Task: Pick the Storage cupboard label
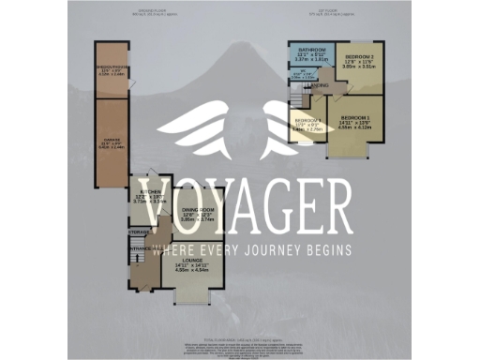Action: coord(140,231)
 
